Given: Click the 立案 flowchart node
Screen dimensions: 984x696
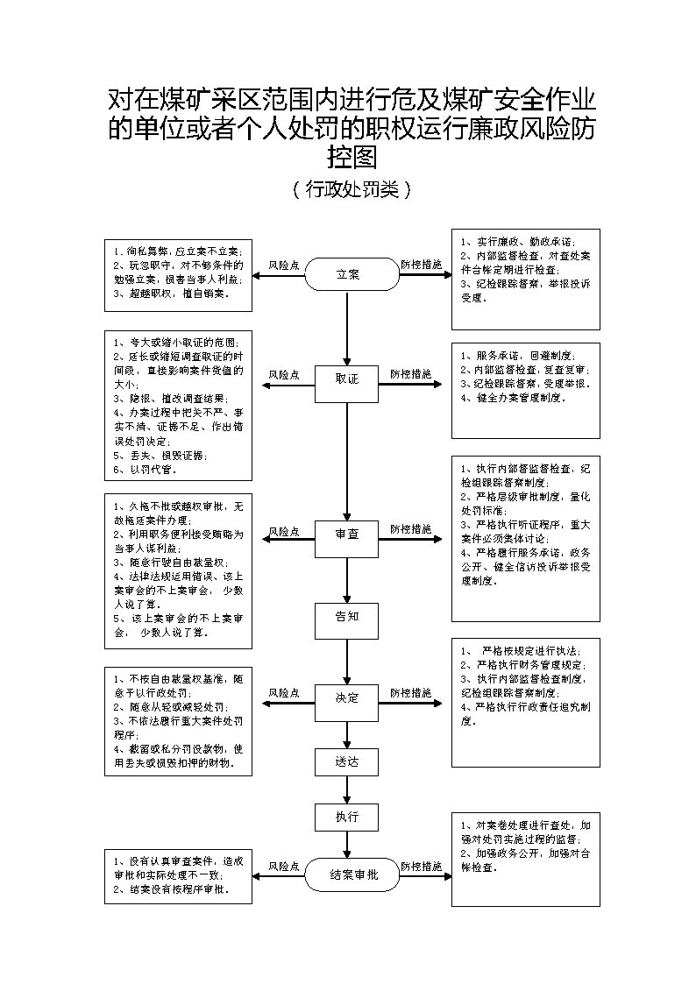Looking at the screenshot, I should coord(348,274).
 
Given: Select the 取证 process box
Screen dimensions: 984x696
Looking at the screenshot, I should coord(347,379).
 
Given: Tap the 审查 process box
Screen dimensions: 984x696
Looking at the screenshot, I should coord(347,534).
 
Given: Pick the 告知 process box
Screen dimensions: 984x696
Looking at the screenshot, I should coord(347,616).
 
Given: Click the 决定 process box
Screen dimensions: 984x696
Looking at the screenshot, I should coord(347,698).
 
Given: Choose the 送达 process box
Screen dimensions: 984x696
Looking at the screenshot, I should coord(347,761).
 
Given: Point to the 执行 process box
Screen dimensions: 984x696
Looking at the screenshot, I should coord(347,817).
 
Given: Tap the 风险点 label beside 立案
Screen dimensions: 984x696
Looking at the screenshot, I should coord(284,265).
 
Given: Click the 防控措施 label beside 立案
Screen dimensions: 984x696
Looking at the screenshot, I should coord(422,265).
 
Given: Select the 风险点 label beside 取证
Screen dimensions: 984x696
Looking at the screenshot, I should coord(284,374).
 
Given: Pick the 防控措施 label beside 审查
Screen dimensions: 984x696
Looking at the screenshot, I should coord(410,529).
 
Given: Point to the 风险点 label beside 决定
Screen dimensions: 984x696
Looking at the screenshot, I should coord(284,693).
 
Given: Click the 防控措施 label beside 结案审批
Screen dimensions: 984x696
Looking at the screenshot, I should coord(422,867).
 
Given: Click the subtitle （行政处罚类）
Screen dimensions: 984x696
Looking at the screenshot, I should coord(349,189).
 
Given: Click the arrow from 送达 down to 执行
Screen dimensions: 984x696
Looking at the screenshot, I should coord(348,789).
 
